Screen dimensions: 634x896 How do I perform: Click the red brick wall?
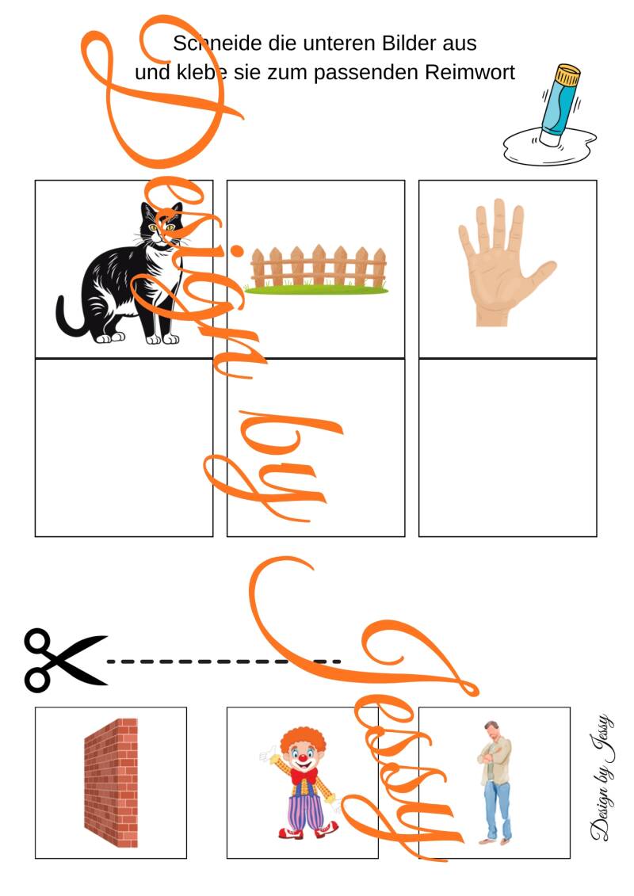tap(111, 782)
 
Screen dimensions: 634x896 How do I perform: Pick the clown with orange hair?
tap(303, 783)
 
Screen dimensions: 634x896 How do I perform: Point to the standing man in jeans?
tap(495, 782)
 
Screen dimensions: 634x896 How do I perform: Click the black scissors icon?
tap(65, 661)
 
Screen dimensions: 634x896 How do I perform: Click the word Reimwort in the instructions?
tap(470, 73)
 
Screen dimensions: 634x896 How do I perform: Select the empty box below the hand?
tap(508, 448)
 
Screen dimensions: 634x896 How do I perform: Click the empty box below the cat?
tap(124, 448)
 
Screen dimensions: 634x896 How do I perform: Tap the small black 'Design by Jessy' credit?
tap(602, 777)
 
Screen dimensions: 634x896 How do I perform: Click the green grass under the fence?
tap(316, 290)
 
